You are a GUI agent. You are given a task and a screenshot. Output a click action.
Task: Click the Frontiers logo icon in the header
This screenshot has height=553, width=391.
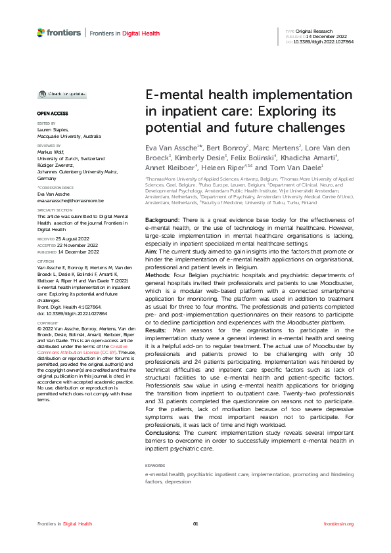(x=41, y=32)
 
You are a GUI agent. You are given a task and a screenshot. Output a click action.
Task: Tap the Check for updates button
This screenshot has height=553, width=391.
(x=60, y=94)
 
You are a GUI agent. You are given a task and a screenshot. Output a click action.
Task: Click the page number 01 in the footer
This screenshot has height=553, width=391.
(x=195, y=523)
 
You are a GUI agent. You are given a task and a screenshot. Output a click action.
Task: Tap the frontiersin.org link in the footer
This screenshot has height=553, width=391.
(x=339, y=523)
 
